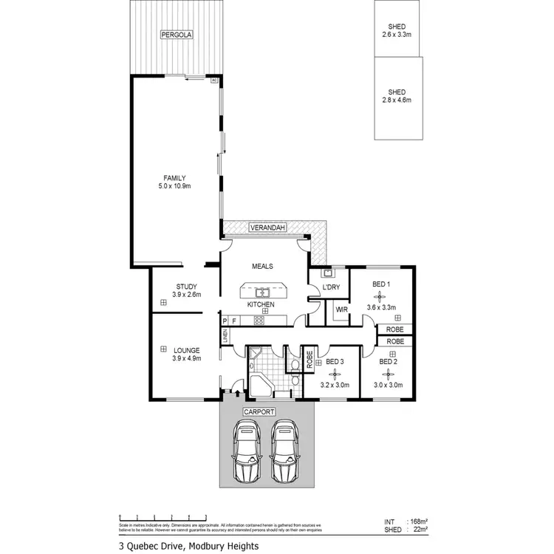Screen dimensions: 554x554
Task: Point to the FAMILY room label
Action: (175, 182)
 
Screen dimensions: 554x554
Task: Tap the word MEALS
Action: (263, 267)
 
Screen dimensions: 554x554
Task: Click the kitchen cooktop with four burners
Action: (259, 321)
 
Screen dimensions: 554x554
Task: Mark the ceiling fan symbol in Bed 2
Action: (388, 375)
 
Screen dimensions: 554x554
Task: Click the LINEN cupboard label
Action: (225, 336)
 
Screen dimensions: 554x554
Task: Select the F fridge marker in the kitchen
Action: (234, 321)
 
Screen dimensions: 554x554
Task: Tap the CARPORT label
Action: (263, 411)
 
